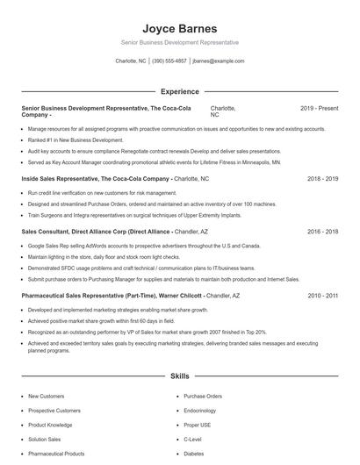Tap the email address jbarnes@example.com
(218, 61)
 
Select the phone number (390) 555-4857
(169, 61)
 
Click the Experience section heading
(180, 91)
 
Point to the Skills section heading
(180, 376)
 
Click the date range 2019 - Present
(319, 108)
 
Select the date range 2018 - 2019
(322, 178)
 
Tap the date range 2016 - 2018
(322, 232)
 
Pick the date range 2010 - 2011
(322, 297)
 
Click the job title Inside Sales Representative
(66, 178)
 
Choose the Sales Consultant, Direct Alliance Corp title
(97, 232)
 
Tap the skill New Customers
(46, 397)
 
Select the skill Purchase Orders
(203, 397)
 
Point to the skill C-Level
(193, 440)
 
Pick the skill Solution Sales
(45, 440)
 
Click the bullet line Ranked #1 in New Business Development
(76, 139)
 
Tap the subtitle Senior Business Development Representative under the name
(180, 42)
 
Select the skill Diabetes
(194, 454)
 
